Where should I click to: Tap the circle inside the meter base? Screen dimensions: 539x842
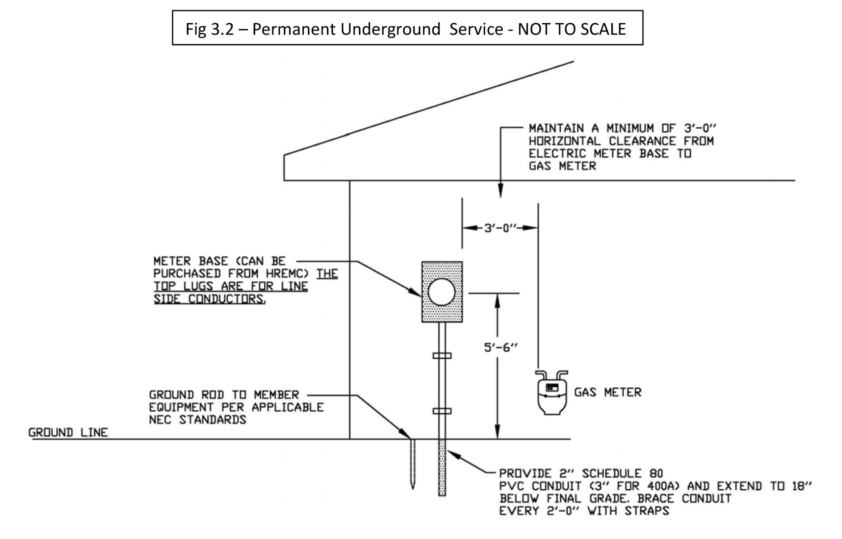pos(442,292)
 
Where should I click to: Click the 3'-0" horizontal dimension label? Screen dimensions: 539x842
pos(500,228)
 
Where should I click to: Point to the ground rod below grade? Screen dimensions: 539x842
pos(413,464)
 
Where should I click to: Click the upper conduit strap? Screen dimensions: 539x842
pos(442,355)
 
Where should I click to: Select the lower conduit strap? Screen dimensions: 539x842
pos(442,411)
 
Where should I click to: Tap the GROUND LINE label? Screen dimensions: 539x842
pos(68,432)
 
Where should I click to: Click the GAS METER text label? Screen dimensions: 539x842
pos(608,392)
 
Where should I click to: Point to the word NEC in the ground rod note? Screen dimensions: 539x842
pos(161,420)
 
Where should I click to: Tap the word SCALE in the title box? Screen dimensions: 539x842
pos(603,29)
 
